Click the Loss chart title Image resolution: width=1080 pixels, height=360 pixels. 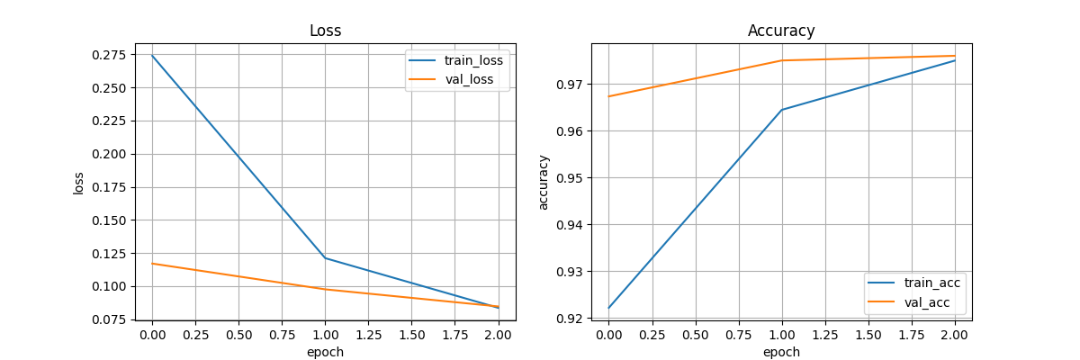coord(325,31)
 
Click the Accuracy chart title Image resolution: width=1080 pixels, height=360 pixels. coord(781,31)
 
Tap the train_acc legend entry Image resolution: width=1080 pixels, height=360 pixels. coord(931,283)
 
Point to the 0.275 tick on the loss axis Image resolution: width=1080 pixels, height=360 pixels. coord(113,56)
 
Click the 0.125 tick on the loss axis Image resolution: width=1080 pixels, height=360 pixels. coord(113,254)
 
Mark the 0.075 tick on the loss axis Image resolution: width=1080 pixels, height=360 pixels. coord(113,319)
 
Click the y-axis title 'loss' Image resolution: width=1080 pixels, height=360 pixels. coord(79,183)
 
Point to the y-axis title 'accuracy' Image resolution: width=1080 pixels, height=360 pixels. coord(543,183)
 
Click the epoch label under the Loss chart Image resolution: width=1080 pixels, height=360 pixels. coord(325,352)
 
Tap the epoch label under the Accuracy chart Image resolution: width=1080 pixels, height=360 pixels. coord(781,352)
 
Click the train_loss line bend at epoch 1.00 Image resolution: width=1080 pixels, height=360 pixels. coord(325,258)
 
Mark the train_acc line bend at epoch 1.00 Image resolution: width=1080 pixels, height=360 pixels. coord(781,110)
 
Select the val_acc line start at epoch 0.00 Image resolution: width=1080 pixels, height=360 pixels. coord(608,96)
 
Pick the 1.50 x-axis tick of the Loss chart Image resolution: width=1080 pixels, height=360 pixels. coord(411,334)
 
